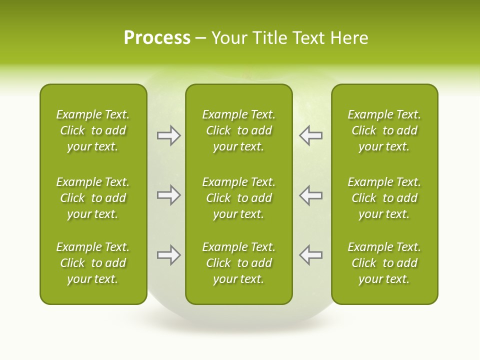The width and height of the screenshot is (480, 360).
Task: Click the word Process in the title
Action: tap(157, 38)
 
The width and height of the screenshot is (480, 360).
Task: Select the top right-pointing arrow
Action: tap(168, 135)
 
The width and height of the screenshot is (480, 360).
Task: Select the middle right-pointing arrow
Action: tap(168, 195)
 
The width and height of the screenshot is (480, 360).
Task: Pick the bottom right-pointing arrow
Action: tap(168, 255)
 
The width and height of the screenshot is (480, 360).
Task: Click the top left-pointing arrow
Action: tap(310, 135)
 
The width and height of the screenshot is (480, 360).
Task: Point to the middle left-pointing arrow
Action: tap(310, 195)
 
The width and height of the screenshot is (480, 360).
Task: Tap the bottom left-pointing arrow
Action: tap(310, 255)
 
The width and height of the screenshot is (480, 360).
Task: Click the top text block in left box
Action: tap(93, 130)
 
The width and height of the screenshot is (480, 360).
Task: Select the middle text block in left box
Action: tap(93, 198)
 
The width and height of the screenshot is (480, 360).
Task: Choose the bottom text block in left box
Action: tap(93, 263)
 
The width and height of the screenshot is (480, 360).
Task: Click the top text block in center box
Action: tap(238, 130)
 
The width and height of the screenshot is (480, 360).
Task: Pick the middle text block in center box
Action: tap(238, 198)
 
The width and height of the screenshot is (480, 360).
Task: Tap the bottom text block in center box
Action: tap(238, 263)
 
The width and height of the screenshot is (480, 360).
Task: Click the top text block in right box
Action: tap(384, 130)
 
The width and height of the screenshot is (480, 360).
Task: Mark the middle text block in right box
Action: tap(384, 198)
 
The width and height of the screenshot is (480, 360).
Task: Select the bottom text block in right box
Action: tap(384, 263)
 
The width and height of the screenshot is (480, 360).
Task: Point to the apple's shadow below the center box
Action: tap(239, 325)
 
